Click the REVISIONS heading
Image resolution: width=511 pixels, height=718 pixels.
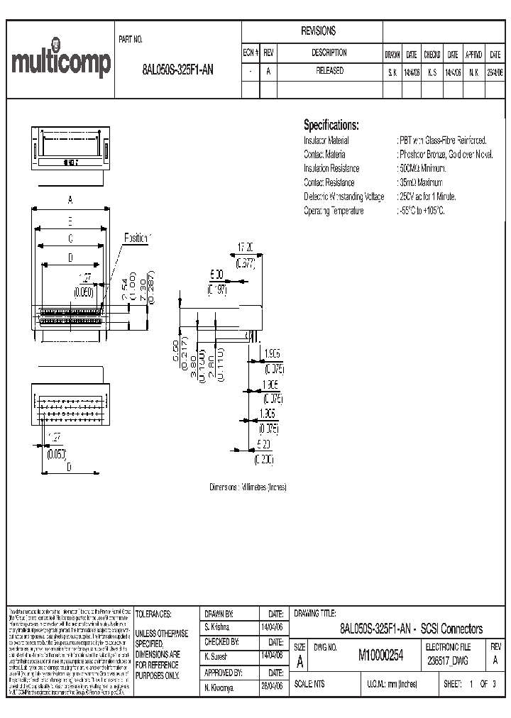pyautogui.click(x=319, y=32)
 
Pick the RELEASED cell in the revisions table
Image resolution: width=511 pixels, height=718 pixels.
pyautogui.click(x=329, y=71)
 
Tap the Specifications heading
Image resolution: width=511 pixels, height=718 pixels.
pyautogui.click(x=331, y=125)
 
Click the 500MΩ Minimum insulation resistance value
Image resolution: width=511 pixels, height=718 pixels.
pyautogui.click(x=423, y=169)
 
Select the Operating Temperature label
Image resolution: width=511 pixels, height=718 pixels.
pyautogui.click(x=334, y=211)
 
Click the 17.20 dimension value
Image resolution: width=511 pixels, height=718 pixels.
pyautogui.click(x=245, y=248)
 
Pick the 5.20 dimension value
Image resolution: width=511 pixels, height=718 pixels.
pyautogui.click(x=263, y=444)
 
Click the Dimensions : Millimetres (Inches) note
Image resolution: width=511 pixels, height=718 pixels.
pyautogui.click(x=248, y=488)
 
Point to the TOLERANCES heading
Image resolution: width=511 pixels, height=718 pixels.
pyautogui.click(x=157, y=614)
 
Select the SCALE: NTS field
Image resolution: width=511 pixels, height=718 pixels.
pyautogui.click(x=313, y=685)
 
